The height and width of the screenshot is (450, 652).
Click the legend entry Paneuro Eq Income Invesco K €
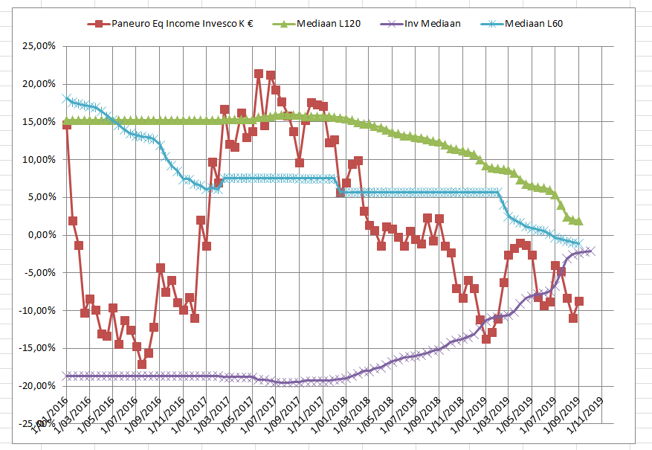[x=179, y=24]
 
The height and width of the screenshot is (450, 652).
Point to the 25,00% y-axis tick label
[x=39, y=46]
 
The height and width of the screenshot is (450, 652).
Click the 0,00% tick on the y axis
[x=42, y=235]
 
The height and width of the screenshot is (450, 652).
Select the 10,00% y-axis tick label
[x=39, y=159]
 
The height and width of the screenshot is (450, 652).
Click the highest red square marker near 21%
[x=259, y=74]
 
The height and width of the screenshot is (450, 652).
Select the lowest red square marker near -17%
[x=142, y=364]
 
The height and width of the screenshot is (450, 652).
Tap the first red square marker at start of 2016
[x=67, y=124]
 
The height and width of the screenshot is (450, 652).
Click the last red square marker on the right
[x=579, y=301]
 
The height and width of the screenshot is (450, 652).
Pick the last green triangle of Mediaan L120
[x=579, y=222]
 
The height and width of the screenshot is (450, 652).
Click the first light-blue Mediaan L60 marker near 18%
[x=67, y=98]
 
